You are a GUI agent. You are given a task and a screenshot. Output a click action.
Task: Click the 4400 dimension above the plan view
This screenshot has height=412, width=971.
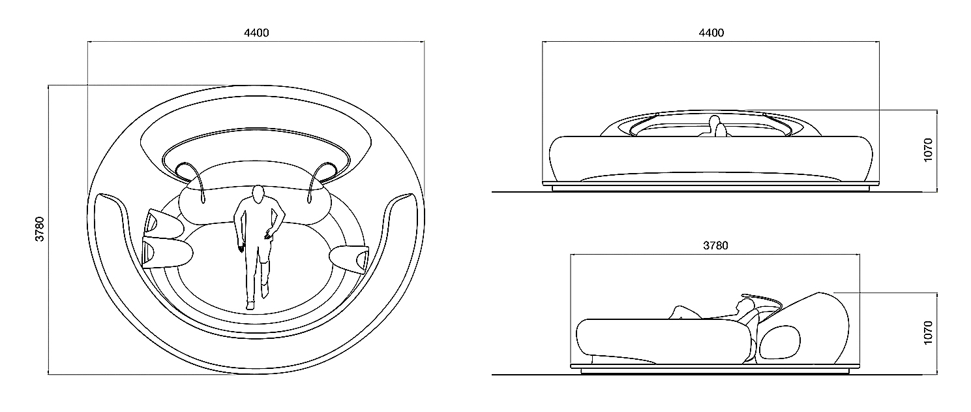(x=256, y=33)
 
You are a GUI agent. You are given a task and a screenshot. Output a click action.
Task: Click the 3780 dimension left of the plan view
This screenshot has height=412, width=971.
(x=40, y=229)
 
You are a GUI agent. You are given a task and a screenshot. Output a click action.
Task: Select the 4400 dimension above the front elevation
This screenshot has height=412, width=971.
(x=711, y=33)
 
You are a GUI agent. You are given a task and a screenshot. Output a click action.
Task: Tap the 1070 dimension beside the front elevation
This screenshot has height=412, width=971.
(x=928, y=150)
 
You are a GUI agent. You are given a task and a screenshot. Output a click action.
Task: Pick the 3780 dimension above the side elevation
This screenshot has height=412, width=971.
(x=715, y=246)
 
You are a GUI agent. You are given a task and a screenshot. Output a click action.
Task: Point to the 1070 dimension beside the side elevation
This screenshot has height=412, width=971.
(x=928, y=333)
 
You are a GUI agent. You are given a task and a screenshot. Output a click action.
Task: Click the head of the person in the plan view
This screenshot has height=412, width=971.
(x=259, y=194)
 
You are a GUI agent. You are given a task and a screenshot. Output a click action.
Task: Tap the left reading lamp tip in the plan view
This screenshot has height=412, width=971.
(x=203, y=200)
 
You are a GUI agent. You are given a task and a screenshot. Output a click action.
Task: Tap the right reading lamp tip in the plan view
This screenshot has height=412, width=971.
(x=309, y=200)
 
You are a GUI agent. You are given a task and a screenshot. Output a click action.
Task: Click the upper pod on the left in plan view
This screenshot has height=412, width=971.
(x=164, y=225)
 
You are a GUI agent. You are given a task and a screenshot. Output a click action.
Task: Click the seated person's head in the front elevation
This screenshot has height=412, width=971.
(x=714, y=121)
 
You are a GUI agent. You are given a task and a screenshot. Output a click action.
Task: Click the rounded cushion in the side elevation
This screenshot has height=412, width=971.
(x=780, y=343)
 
